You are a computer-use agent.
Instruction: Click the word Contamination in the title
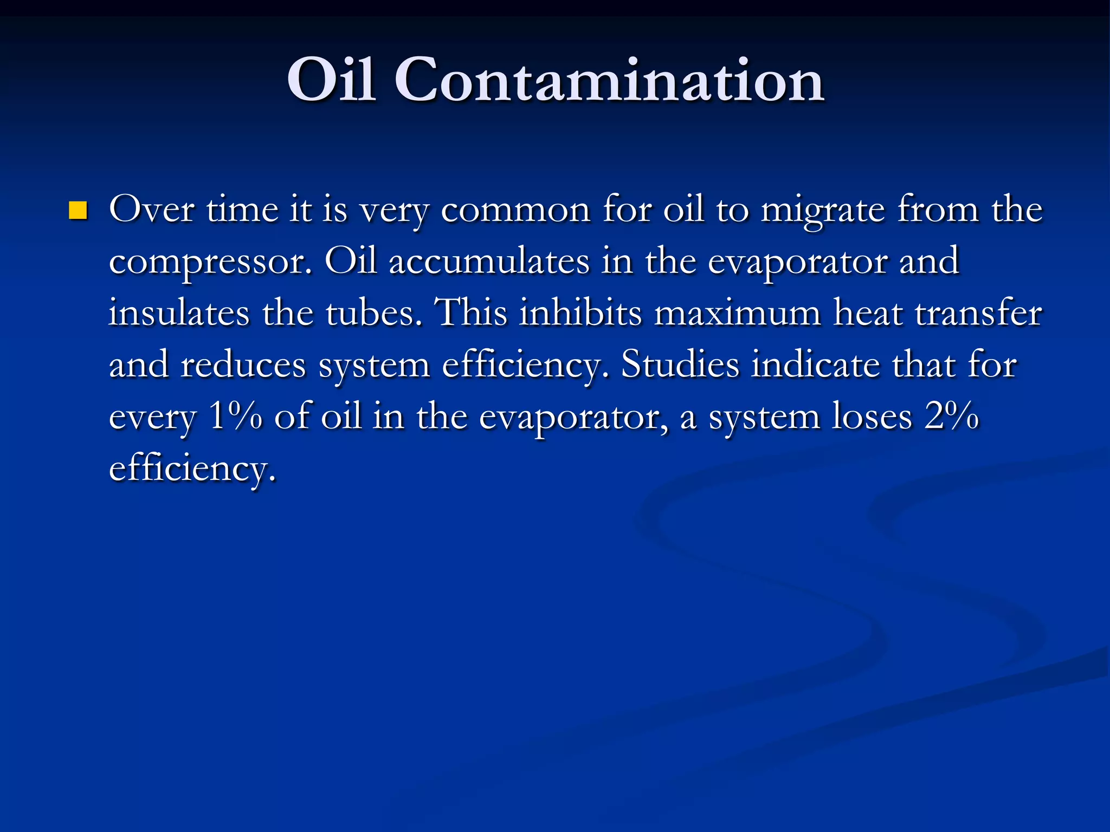[609, 80]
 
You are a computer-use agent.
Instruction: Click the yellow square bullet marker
[78, 211]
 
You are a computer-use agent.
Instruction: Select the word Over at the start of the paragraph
[151, 209]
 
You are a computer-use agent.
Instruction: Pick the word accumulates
[488, 261]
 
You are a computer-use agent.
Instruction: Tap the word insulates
[179, 313]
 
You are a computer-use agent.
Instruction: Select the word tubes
[374, 313]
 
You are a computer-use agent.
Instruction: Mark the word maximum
[737, 313]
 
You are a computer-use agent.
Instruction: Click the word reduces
[243, 365]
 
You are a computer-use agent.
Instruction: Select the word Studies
[680, 364]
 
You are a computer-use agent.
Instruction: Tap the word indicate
[815, 364]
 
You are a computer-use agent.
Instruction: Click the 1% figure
[235, 416]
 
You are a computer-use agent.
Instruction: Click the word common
[515, 209]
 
